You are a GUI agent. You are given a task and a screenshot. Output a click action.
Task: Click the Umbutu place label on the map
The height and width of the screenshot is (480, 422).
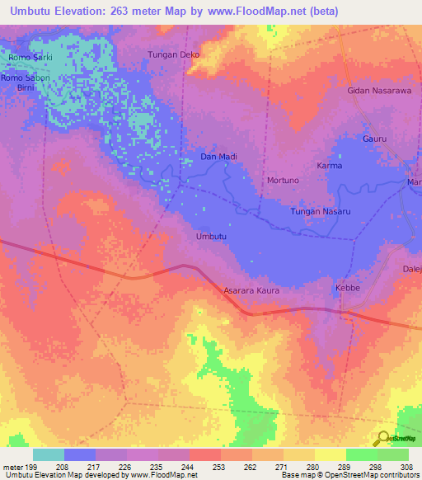click(210, 237)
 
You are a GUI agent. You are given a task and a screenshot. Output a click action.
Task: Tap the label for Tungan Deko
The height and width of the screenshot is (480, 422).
click(173, 55)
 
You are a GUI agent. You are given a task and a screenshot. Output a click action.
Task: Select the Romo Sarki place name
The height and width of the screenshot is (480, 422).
click(30, 58)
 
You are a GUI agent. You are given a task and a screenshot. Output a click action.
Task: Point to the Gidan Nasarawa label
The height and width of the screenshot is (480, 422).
click(379, 91)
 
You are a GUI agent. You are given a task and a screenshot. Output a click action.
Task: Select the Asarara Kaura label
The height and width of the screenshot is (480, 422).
click(251, 291)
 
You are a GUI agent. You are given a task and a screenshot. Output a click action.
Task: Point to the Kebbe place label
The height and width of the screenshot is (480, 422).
click(347, 288)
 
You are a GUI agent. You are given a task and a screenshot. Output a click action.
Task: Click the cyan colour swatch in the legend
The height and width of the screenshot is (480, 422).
click(48, 454)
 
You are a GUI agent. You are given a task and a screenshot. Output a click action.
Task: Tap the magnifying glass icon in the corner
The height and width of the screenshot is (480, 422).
click(382, 438)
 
